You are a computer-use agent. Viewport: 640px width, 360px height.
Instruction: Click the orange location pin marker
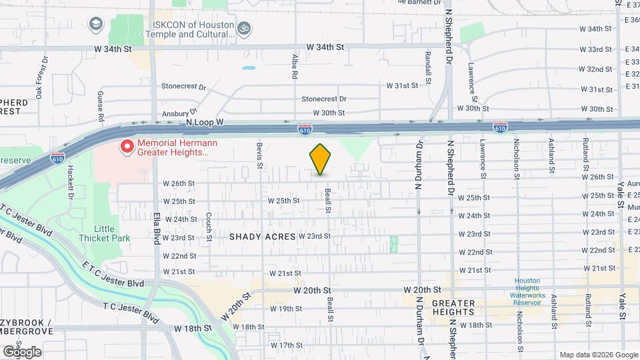click(321, 159)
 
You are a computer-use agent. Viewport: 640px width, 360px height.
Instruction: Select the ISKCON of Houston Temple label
click(193, 29)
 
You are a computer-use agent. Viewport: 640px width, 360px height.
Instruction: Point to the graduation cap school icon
click(96, 25)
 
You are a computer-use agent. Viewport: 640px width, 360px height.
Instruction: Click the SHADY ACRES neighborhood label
click(261, 237)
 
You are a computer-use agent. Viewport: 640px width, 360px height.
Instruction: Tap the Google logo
click(21, 352)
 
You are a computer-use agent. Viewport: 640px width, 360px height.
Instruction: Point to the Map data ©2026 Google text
click(597, 355)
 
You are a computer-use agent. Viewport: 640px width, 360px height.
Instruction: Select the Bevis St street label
click(260, 155)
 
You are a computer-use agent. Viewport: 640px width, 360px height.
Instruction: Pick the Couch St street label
click(209, 227)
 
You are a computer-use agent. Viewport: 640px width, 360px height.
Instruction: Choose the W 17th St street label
click(287, 345)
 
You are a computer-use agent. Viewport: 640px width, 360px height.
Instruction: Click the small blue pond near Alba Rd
click(248, 67)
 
